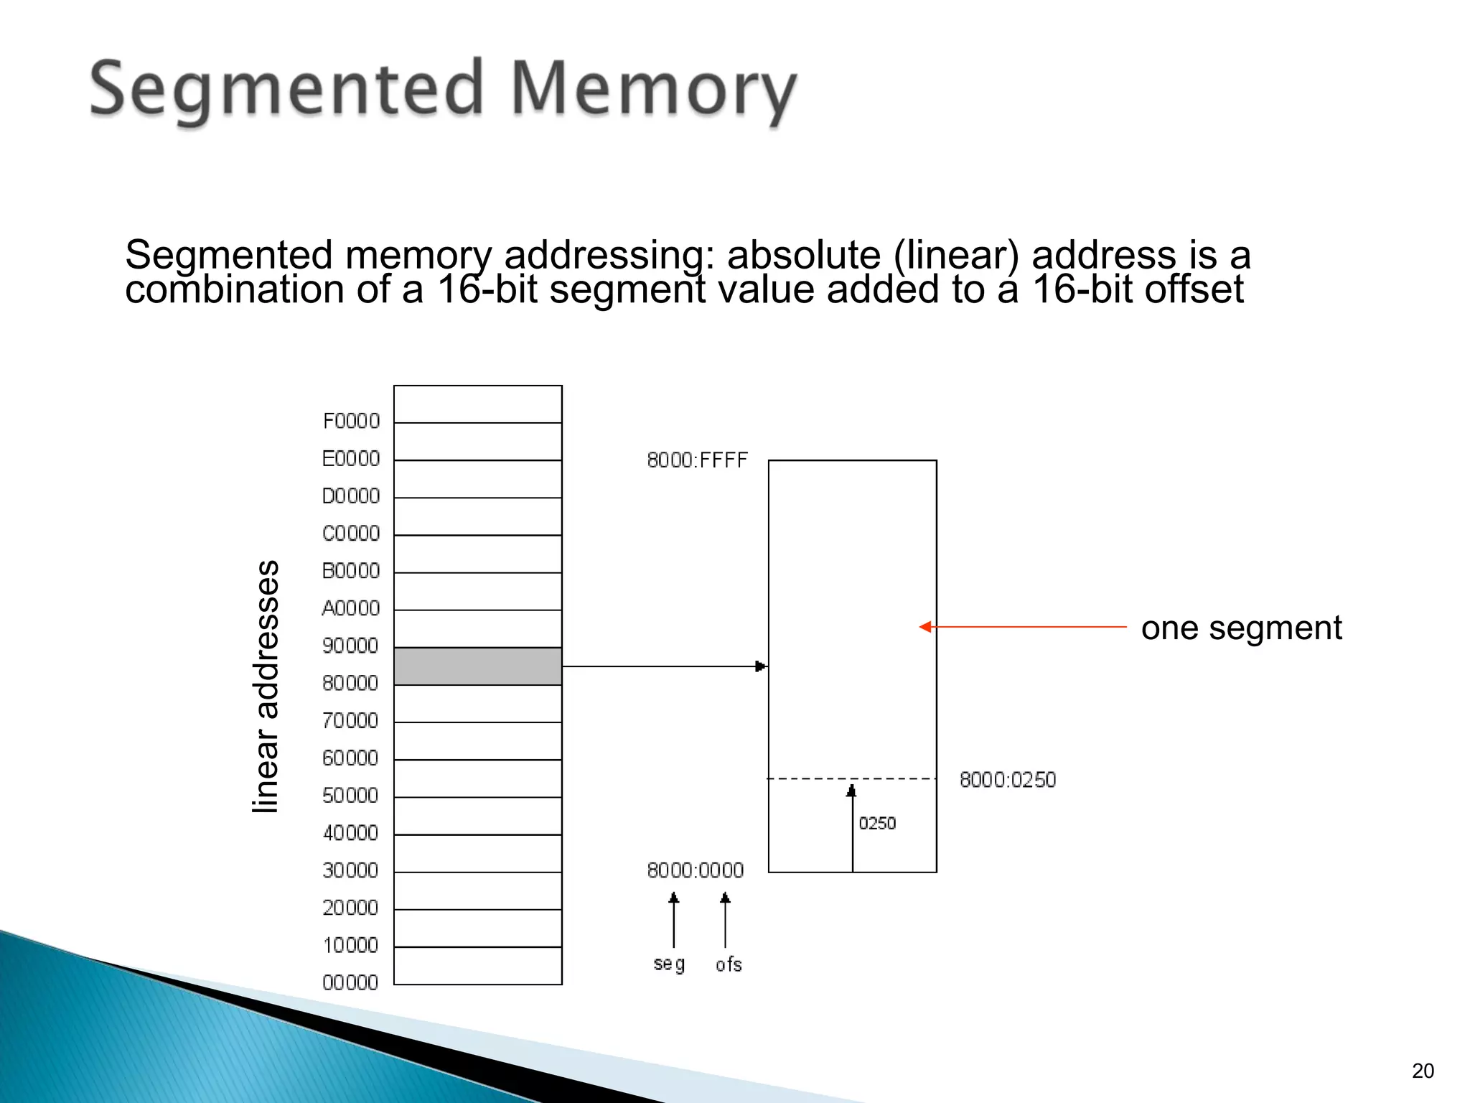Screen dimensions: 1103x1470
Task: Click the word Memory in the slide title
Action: [653, 90]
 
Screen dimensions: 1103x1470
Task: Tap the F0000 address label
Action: [351, 421]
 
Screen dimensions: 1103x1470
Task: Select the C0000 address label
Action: [351, 534]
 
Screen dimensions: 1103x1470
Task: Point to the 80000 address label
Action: [350, 683]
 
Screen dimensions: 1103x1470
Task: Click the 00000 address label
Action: [350, 982]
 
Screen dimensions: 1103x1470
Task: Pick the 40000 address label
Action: [350, 833]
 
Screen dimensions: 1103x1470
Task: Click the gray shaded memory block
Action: [478, 666]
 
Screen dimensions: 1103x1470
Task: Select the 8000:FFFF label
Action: [697, 460]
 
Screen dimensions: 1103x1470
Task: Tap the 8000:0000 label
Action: [695, 870]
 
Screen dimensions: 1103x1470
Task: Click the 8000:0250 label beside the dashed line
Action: [1008, 780]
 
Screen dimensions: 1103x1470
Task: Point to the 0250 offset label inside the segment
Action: [877, 823]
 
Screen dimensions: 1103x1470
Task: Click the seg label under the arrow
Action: [669, 964]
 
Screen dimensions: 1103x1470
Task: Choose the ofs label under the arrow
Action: [729, 964]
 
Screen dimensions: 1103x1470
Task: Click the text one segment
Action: [1241, 628]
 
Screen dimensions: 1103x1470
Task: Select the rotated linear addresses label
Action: [266, 687]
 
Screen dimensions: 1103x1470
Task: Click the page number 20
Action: [1423, 1071]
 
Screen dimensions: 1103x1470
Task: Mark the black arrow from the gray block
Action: [664, 666]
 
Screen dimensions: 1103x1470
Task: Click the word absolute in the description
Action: [804, 255]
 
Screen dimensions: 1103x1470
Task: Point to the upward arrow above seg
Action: [673, 921]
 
